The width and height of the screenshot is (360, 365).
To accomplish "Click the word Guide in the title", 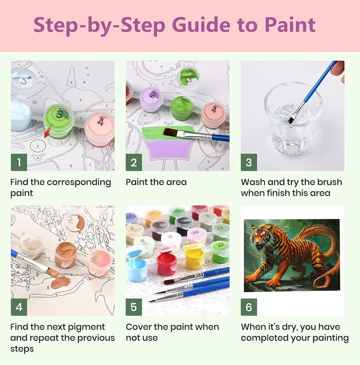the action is (x=201, y=25).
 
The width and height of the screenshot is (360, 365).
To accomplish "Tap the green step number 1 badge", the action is (x=19, y=162).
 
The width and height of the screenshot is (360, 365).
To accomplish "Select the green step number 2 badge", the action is (x=134, y=162).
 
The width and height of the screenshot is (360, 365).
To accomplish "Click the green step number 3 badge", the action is (x=249, y=162).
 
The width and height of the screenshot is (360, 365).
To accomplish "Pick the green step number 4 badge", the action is (x=19, y=307).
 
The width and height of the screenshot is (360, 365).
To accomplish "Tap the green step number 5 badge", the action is (x=134, y=307).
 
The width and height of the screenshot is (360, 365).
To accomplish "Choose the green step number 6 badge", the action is (x=249, y=307).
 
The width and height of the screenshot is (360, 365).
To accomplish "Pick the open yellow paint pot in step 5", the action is (x=195, y=256).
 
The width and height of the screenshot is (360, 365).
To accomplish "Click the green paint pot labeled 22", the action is (x=220, y=252).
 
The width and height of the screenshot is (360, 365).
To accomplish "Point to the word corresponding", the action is (x=79, y=182).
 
